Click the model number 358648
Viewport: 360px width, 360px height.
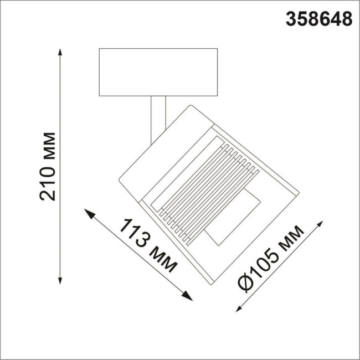[x=318, y=19]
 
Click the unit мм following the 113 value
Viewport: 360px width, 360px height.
[x=163, y=260]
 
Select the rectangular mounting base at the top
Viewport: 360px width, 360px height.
[x=158, y=73]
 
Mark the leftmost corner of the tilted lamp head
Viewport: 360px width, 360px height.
[x=120, y=178]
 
